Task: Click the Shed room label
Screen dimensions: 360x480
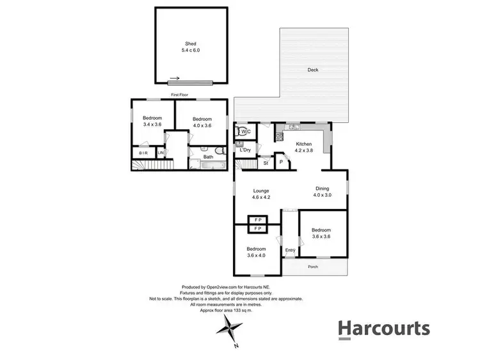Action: click(x=191, y=43)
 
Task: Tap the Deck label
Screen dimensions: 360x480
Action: click(x=312, y=70)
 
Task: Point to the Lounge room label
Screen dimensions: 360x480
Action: click(x=260, y=191)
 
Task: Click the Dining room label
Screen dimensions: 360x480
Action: click(x=323, y=188)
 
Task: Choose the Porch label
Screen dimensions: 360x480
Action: click(x=313, y=266)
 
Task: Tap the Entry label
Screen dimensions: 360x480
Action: click(x=290, y=250)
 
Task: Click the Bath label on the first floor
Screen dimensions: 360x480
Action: click(x=208, y=157)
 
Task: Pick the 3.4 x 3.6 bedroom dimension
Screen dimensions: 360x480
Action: click(x=152, y=125)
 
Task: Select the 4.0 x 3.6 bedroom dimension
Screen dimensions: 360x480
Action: click(x=202, y=125)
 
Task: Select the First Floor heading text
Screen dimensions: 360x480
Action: click(x=179, y=95)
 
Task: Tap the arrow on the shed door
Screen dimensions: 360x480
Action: click(x=175, y=79)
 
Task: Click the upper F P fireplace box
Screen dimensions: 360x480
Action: click(x=257, y=220)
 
